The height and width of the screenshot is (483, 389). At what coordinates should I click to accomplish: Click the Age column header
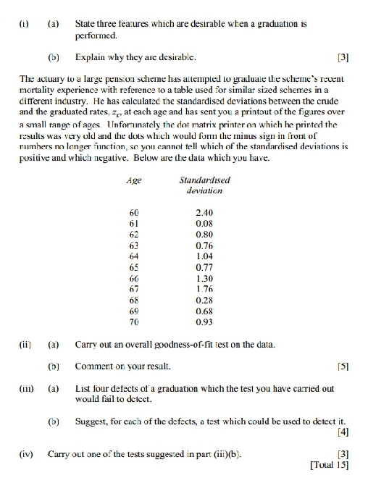pos(133,180)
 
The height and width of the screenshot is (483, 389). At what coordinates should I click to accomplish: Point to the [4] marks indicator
pos(343,433)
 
